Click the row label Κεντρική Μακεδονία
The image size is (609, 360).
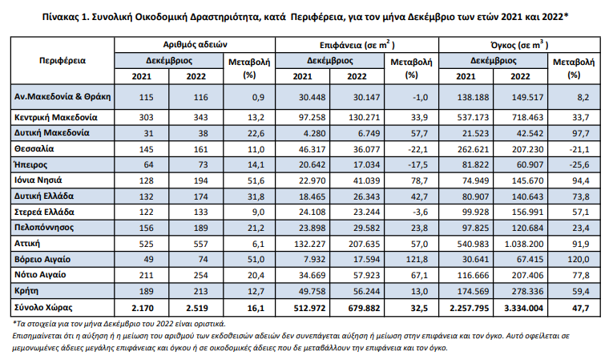pos(56,117)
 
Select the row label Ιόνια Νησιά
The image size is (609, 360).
pos(38,180)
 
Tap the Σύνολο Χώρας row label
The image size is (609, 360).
pos(43,308)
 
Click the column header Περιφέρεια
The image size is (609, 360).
pos(63,61)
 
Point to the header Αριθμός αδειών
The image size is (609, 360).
pos(195,45)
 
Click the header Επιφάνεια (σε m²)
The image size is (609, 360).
pos(357,45)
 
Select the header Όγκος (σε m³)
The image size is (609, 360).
pos(520,45)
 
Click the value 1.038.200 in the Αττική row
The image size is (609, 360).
pos(524,245)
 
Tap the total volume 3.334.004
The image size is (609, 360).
pos(524,309)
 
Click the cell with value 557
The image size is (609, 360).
pos(201,245)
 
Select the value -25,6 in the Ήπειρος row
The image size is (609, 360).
pos(579,165)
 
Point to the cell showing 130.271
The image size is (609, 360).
pos(365,117)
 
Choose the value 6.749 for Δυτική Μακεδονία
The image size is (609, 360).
pos(369,133)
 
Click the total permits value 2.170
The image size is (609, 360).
pos(143,309)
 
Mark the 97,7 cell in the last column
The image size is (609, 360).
pos(581,133)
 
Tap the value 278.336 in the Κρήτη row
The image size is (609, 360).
pos(527,291)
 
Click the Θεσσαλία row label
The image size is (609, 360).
pos(34,149)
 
